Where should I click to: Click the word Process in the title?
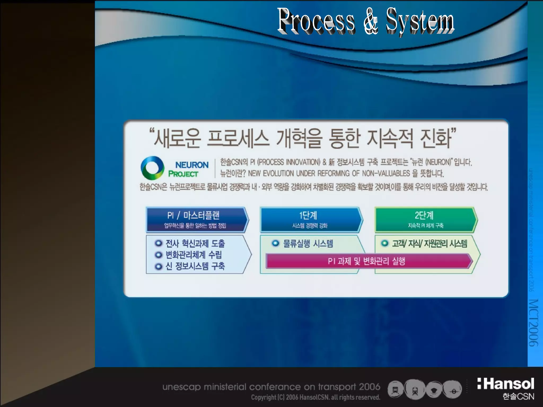(316, 21)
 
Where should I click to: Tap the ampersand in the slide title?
(370, 21)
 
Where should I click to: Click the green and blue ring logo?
(152, 168)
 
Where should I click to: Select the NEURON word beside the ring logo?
(192, 165)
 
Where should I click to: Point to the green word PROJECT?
(183, 174)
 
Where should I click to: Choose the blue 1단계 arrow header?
(310, 220)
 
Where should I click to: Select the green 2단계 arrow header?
(425, 220)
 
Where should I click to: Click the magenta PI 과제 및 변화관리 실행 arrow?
(369, 261)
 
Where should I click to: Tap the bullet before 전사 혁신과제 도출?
(158, 243)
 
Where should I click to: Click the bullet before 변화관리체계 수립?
(158, 255)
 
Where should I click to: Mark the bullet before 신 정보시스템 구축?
(158, 266)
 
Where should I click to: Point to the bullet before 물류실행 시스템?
(275, 243)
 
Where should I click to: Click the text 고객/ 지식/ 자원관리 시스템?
(430, 244)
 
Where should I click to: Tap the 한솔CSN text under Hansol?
(518, 397)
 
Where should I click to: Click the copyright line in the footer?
(316, 397)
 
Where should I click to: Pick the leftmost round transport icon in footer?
(395, 390)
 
